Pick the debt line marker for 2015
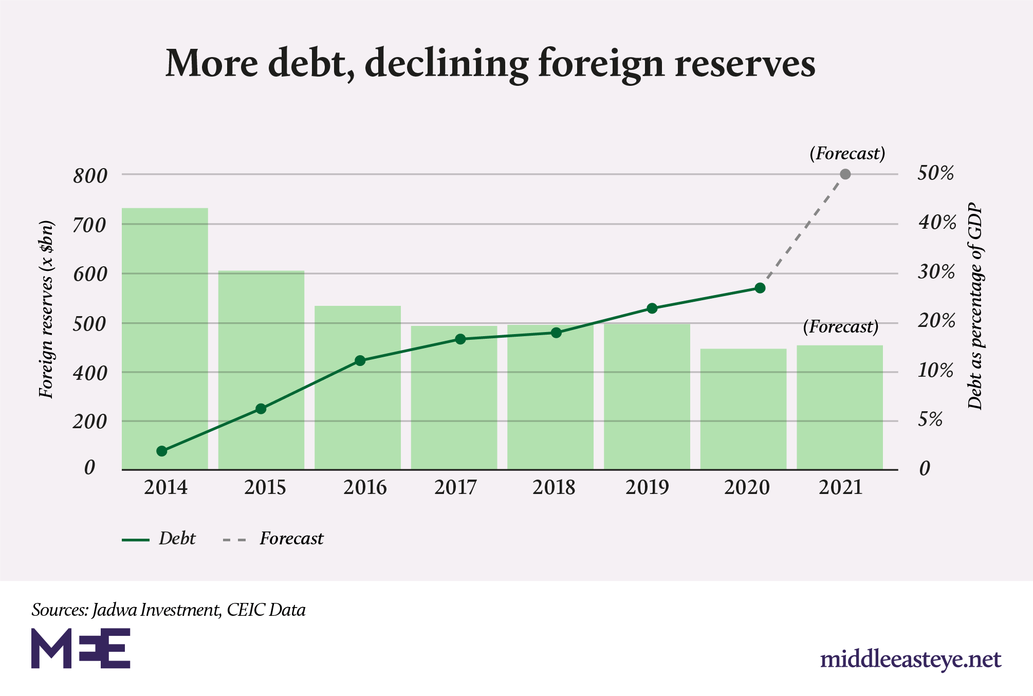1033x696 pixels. coord(261,409)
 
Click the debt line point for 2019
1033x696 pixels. coord(652,308)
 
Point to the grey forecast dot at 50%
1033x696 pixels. coord(845,174)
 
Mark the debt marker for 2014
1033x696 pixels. coord(161,451)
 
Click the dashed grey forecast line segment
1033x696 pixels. coord(803,231)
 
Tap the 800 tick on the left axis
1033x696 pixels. coord(90,176)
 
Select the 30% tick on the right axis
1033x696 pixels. coord(936,272)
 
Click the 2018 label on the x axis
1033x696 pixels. coord(554,487)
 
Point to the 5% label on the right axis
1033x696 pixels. coord(930,419)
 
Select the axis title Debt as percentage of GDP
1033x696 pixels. coord(974,306)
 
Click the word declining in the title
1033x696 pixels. coord(446,63)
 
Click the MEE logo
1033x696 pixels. coord(81,648)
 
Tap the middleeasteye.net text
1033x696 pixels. coord(910,660)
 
